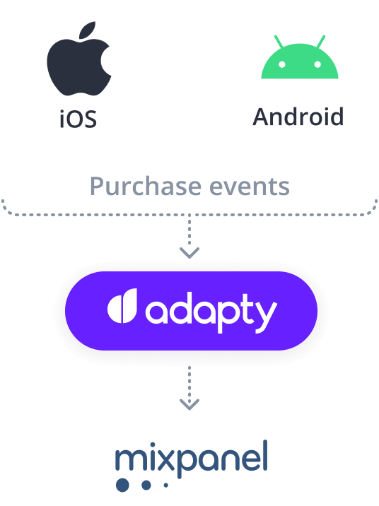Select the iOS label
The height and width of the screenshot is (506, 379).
coord(78,119)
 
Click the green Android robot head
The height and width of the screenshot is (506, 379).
coord(300,61)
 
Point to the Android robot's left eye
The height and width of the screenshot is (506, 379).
coord(282,64)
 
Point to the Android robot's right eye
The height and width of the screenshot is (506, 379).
coord(317,64)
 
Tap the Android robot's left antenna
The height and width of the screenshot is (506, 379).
coord(279,42)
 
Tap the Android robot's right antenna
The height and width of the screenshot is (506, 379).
coord(320,42)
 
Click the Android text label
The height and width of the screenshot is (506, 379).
coord(298,117)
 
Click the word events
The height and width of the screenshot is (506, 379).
coord(250,187)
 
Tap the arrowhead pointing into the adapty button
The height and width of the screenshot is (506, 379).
coord(189,253)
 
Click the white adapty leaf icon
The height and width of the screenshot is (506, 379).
coord(122,305)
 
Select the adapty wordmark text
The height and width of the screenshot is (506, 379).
coord(211,312)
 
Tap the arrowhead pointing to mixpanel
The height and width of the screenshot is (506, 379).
coord(189,404)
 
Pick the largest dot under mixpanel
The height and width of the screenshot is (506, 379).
coord(122,485)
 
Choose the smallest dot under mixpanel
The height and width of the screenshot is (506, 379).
coord(166,485)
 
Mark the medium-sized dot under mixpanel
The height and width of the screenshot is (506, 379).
coord(146,485)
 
